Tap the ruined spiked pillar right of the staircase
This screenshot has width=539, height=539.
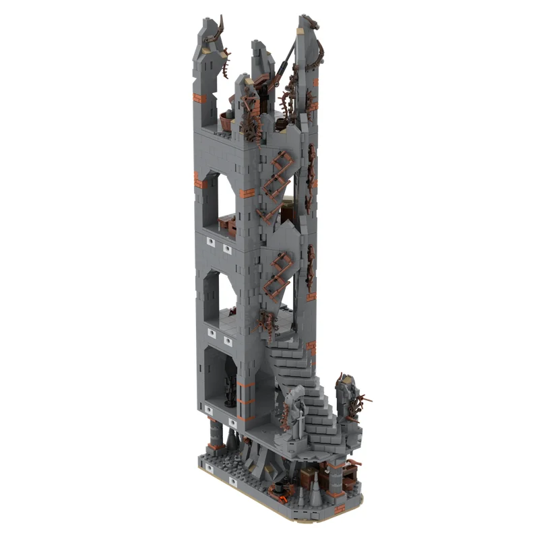pyautogui.click(x=348, y=404)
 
